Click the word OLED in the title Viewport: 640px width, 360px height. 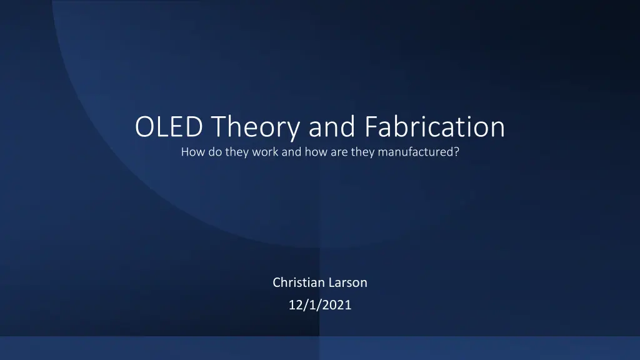tap(169, 126)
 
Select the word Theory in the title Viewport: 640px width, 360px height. tap(256, 128)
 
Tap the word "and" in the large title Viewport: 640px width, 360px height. tap(332, 126)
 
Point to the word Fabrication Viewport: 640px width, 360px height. tap(435, 126)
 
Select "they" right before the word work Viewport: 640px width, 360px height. tap(237, 152)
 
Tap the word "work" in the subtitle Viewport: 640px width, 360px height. tap(265, 152)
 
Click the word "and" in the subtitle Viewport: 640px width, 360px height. tap(291, 152)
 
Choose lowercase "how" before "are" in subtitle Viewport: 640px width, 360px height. tap(316, 152)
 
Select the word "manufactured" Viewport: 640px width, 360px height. tap(416, 152)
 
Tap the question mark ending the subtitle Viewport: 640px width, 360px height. tap(456, 152)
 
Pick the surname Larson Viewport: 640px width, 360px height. tap(347, 282)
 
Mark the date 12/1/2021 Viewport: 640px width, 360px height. tap(320, 305)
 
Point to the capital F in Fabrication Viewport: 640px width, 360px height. tap(371, 126)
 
